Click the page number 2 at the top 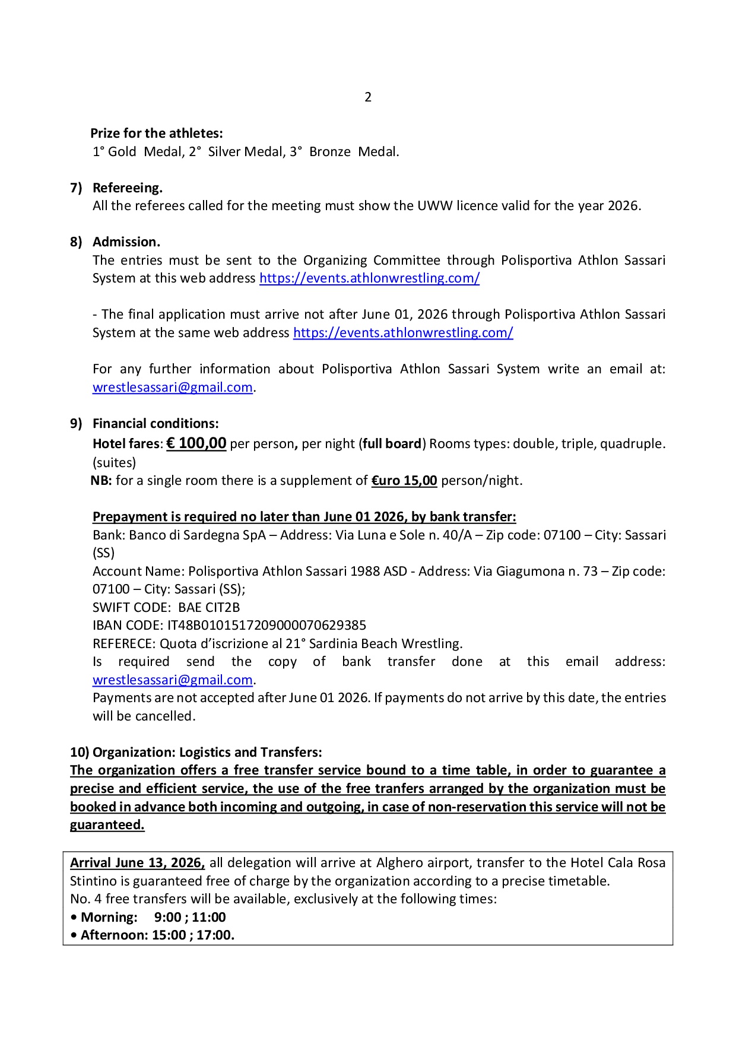[x=368, y=97]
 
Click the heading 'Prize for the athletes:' [x=157, y=133]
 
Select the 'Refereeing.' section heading [x=128, y=188]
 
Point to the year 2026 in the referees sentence [x=623, y=205]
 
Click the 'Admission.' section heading [x=126, y=242]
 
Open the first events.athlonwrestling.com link [x=369, y=278]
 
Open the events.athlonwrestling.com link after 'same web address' [x=403, y=332]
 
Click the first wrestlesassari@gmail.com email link [x=173, y=387]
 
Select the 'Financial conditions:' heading [x=156, y=423]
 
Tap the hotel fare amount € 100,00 [x=196, y=443]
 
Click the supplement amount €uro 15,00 [x=404, y=480]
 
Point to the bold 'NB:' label [x=101, y=480]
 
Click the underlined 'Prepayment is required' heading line [x=304, y=516]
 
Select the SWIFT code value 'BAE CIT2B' [x=209, y=607]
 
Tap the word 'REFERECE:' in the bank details [x=124, y=643]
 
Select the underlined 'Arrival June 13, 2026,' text [x=138, y=862]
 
